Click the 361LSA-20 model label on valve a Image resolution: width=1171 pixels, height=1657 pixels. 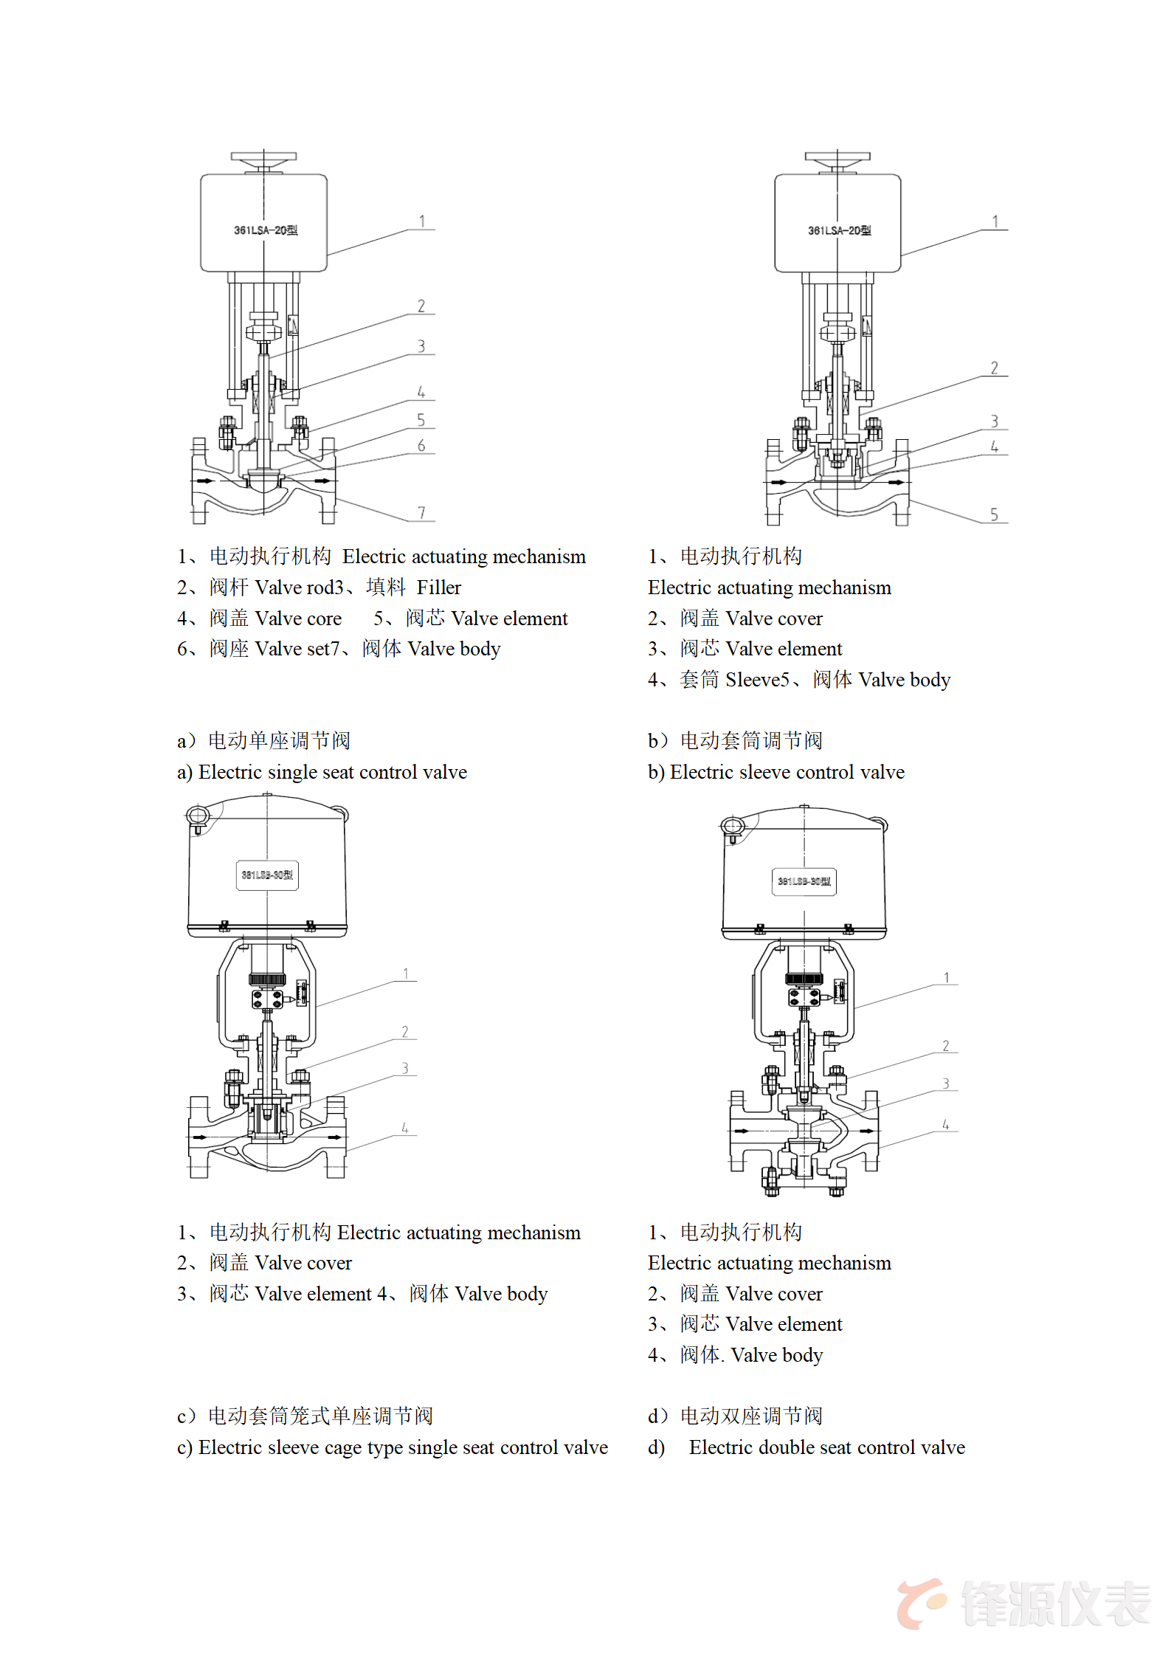pyautogui.click(x=266, y=230)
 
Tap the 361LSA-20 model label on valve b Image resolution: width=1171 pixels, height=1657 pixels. pyautogui.click(x=839, y=230)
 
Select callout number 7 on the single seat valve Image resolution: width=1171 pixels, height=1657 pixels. pyautogui.click(x=421, y=512)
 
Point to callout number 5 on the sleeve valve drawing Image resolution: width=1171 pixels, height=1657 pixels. pyautogui.click(x=994, y=514)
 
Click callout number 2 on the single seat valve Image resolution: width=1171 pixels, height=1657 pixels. pyautogui.click(x=421, y=306)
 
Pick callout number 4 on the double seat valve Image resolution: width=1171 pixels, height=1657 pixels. pyautogui.click(x=945, y=1124)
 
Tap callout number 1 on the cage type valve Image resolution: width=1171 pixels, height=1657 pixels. pyautogui.click(x=405, y=974)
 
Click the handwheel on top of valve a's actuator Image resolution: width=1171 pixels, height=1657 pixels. pyautogui.click(x=263, y=158)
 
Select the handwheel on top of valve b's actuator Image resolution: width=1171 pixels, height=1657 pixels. pyautogui.click(x=837, y=158)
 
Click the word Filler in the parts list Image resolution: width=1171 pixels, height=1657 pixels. pyautogui.click(x=438, y=588)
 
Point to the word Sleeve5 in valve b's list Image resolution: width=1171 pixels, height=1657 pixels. pyautogui.click(x=757, y=680)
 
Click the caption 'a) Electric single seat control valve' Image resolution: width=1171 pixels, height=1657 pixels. pyautogui.click(x=322, y=772)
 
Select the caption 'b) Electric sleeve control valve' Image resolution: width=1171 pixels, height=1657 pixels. pyautogui.click(x=776, y=772)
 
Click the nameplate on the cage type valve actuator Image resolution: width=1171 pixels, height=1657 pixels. pyautogui.click(x=267, y=875)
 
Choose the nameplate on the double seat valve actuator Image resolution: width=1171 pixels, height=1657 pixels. pyautogui.click(x=804, y=881)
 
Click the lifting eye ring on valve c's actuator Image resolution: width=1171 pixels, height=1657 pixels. pyautogui.click(x=198, y=816)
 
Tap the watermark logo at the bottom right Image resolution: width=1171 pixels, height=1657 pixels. pyautogui.click(x=1023, y=1603)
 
